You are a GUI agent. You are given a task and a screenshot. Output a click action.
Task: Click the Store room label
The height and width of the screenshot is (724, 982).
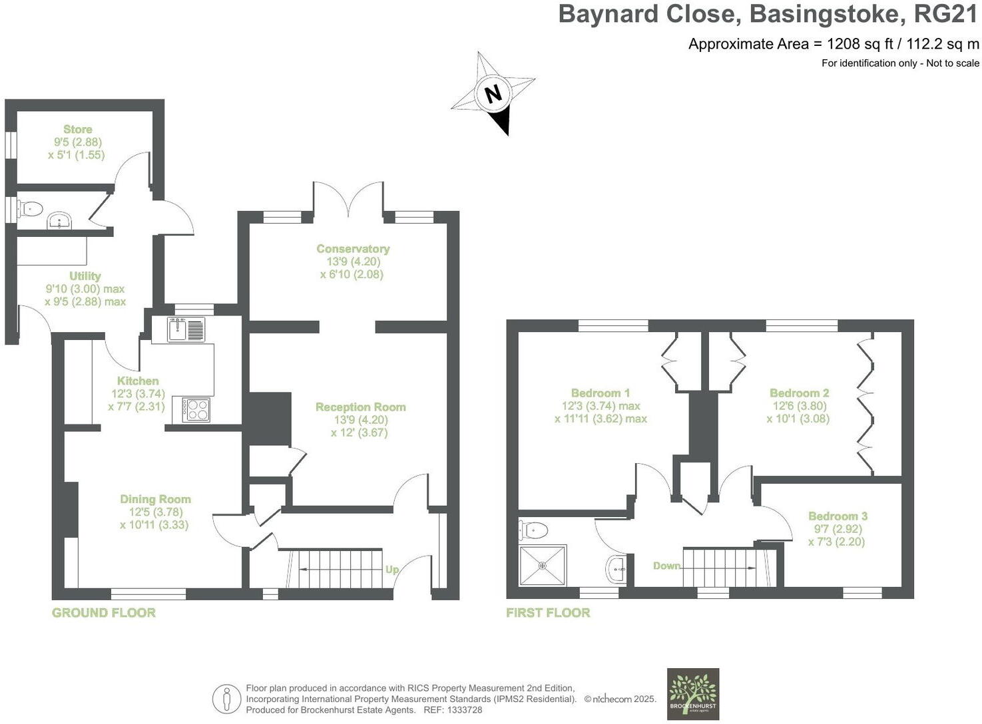point(78,129)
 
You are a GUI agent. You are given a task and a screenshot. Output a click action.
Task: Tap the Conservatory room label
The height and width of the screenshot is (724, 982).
point(353,249)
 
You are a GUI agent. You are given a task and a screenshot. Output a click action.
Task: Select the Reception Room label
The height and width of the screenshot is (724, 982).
point(360,407)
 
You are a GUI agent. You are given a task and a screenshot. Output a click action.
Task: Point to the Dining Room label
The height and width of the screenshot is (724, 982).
point(155,499)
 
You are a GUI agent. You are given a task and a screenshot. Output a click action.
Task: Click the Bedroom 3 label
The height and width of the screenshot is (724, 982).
point(838,516)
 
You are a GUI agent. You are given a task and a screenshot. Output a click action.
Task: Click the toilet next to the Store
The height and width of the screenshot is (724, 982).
point(30,209)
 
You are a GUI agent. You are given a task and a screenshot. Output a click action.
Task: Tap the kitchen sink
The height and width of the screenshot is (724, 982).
point(178,329)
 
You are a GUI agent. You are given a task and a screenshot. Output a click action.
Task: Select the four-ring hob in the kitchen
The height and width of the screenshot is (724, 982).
point(196,410)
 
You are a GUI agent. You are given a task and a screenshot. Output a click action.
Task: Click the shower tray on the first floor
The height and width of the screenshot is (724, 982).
point(543,566)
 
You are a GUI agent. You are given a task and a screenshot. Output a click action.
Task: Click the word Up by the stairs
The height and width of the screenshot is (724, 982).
point(392,570)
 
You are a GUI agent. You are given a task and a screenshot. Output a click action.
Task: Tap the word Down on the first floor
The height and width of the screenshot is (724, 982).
point(666,566)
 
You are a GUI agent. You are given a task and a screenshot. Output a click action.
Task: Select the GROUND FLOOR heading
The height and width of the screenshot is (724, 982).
point(104,613)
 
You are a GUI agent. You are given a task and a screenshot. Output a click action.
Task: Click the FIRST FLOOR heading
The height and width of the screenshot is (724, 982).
point(548,613)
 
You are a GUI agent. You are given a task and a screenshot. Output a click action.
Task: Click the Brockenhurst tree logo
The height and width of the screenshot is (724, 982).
point(693,693)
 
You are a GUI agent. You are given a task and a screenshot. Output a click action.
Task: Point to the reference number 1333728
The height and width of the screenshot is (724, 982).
point(463,710)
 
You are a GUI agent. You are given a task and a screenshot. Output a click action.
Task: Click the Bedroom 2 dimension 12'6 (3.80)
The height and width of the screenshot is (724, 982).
point(800,406)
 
